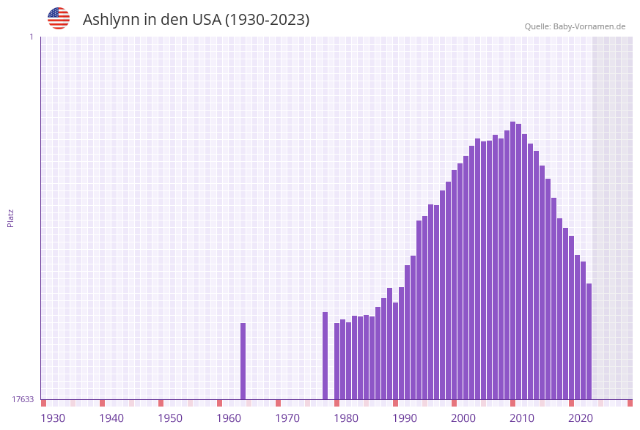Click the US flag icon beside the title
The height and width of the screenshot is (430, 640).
[x=59, y=18]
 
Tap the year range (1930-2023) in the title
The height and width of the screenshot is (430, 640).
[x=267, y=20]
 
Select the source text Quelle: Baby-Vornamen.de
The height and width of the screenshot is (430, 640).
[x=575, y=26]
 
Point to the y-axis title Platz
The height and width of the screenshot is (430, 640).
[x=11, y=218]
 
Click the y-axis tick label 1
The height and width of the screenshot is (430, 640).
[x=31, y=37]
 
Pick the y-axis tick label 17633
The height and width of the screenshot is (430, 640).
[x=23, y=399]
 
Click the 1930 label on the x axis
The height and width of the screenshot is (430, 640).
[x=53, y=418]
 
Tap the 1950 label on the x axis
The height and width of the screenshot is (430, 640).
[x=170, y=418]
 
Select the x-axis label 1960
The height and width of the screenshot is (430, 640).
[x=229, y=418]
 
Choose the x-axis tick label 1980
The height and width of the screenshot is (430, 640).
[x=346, y=418]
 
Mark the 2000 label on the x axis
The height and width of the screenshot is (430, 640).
[x=463, y=418]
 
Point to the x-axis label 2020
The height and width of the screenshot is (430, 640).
[x=581, y=418]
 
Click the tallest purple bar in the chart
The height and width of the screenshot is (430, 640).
[x=513, y=260]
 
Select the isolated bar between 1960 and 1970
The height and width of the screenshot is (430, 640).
[x=243, y=360]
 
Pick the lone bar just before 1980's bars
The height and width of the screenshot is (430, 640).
[x=325, y=355]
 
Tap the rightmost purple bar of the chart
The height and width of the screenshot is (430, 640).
[x=589, y=341]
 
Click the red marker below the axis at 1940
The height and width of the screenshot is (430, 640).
[x=103, y=403]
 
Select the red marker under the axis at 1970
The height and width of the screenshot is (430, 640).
[x=279, y=403]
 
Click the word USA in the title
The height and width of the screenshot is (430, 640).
[x=206, y=20]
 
